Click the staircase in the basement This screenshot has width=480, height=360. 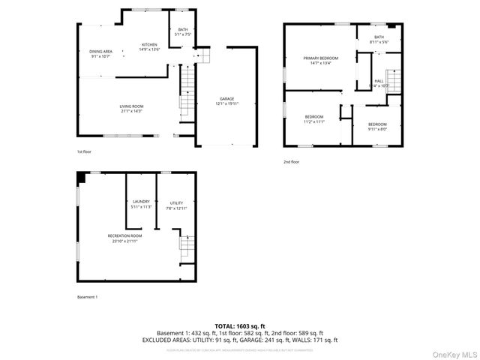tap(186, 245)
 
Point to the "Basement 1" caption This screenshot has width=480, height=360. tap(87, 297)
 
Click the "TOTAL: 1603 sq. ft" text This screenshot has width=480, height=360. tap(239, 325)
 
